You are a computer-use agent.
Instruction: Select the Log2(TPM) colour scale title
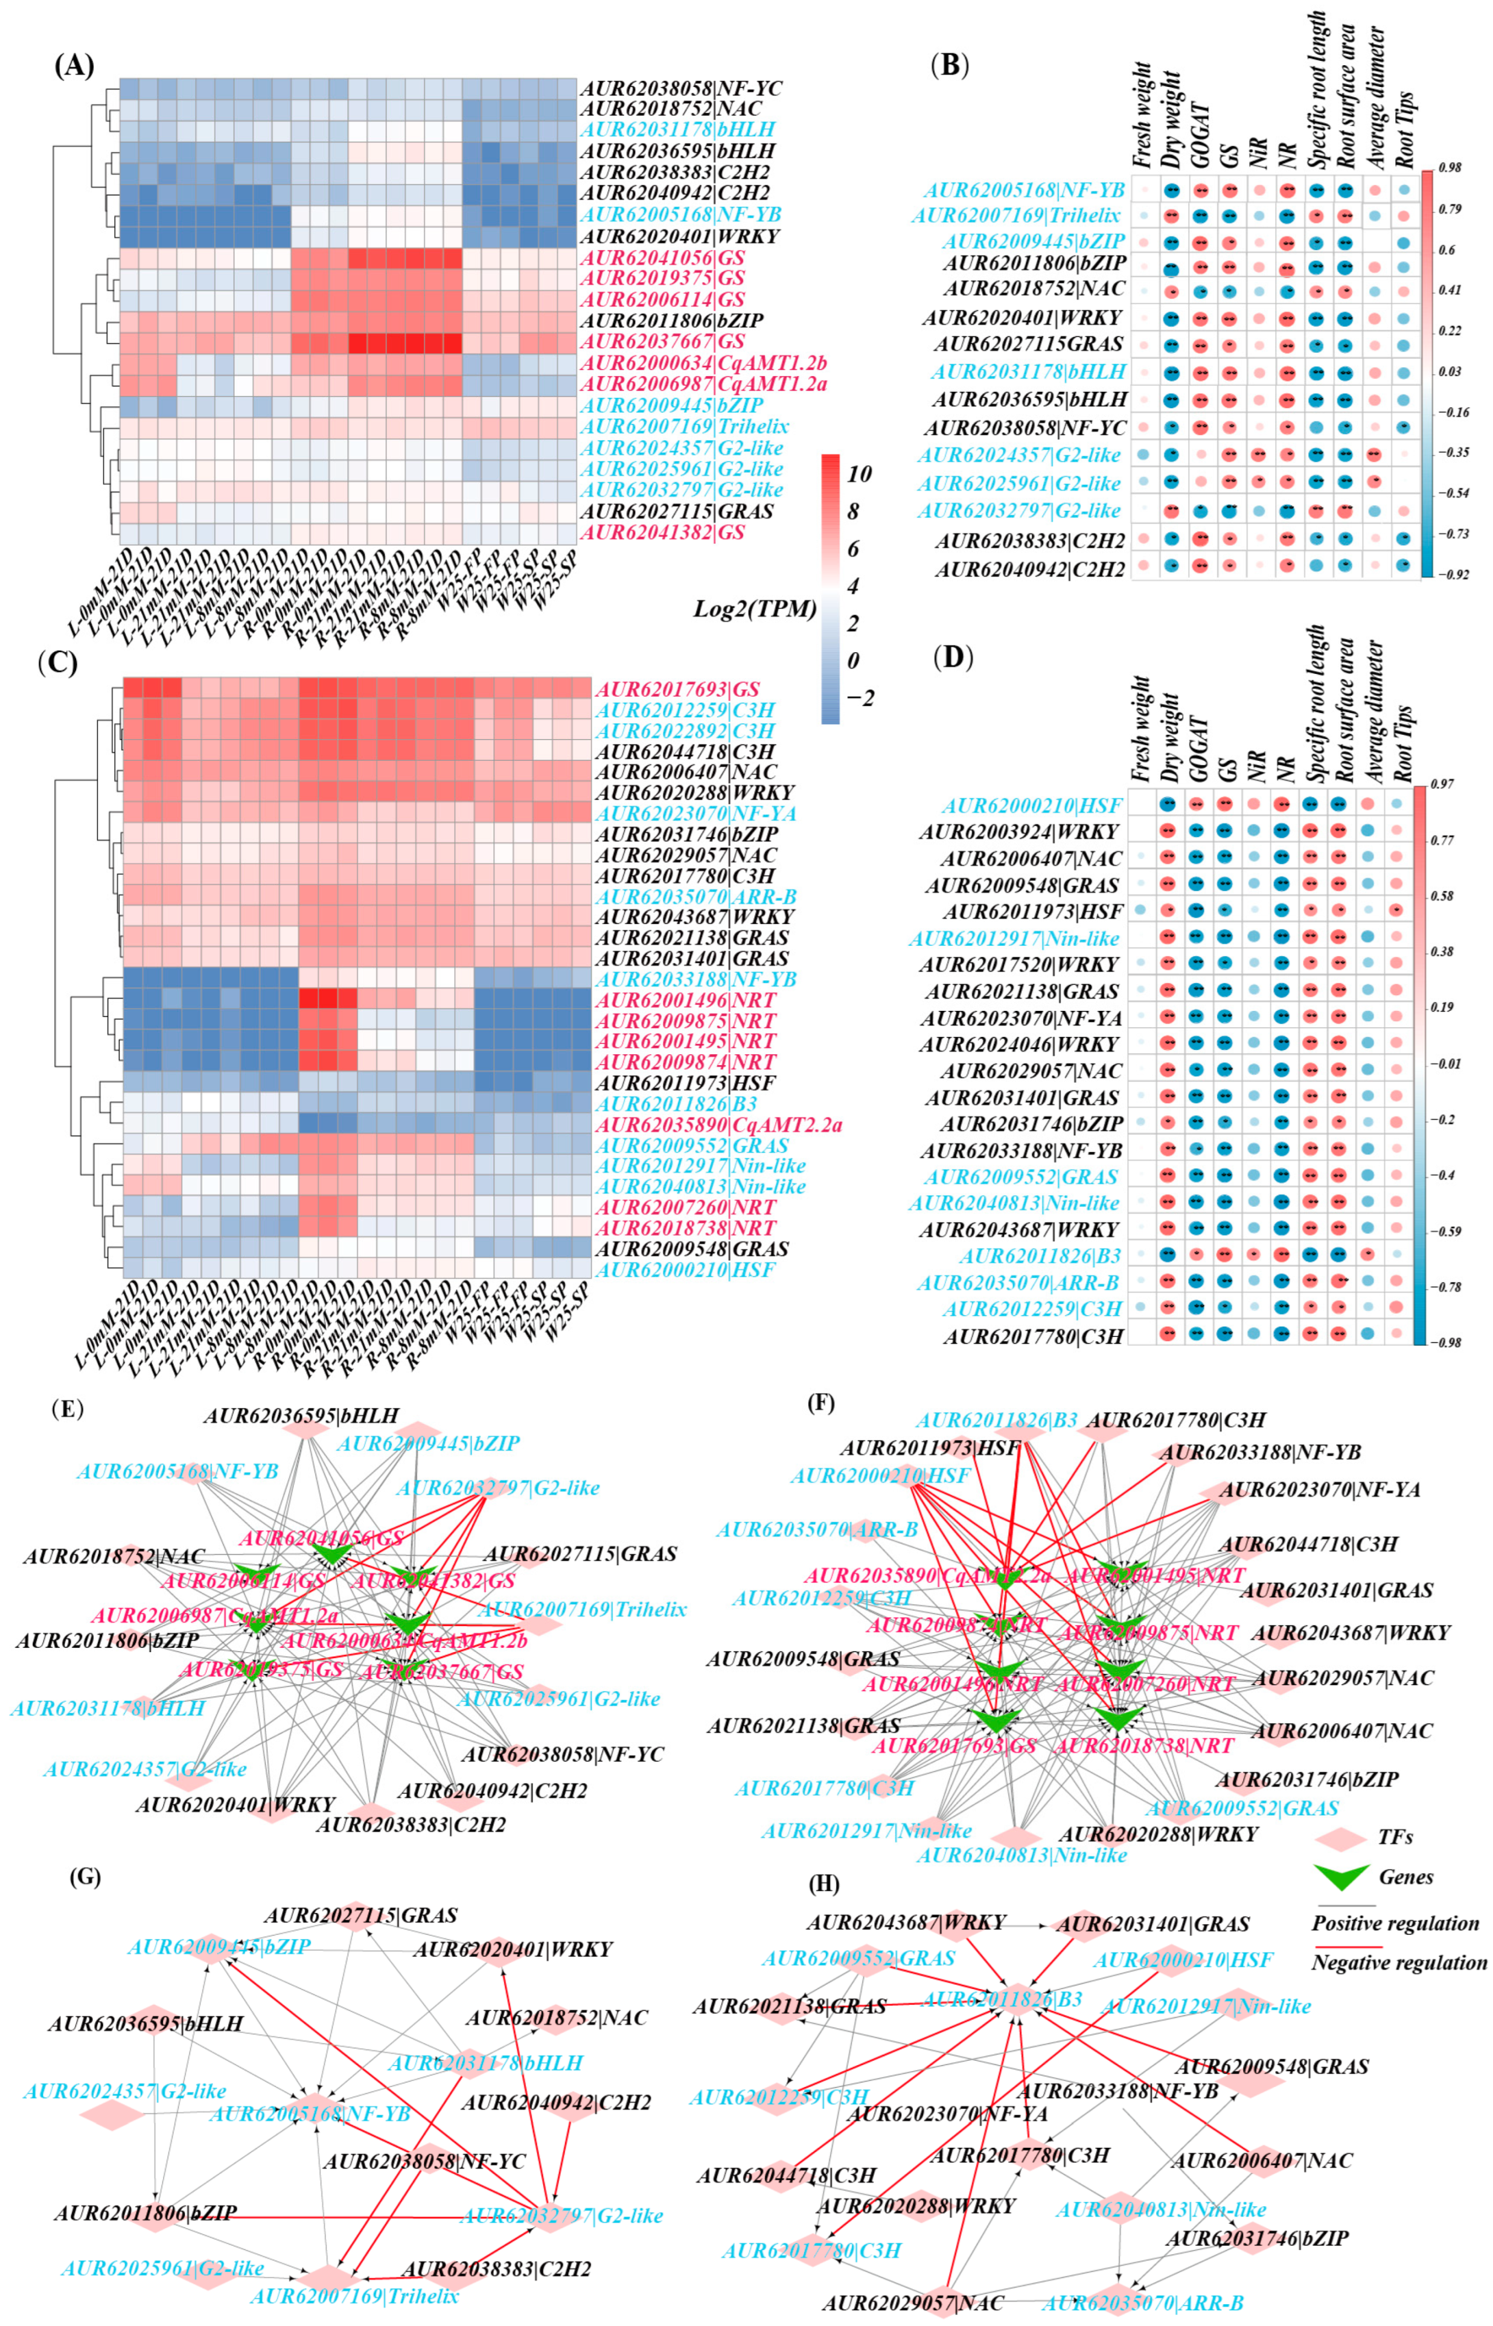coord(754,608)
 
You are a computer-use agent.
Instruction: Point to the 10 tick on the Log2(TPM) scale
coord(859,474)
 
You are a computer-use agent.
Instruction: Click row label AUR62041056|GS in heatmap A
coord(662,258)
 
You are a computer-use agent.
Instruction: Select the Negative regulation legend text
coord(1399,1962)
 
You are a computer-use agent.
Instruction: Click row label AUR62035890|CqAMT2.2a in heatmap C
coord(718,1125)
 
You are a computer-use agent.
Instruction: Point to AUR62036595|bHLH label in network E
coord(301,1417)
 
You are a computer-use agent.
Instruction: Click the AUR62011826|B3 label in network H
coord(1002,1999)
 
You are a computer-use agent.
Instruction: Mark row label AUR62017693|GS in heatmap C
coord(677,690)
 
